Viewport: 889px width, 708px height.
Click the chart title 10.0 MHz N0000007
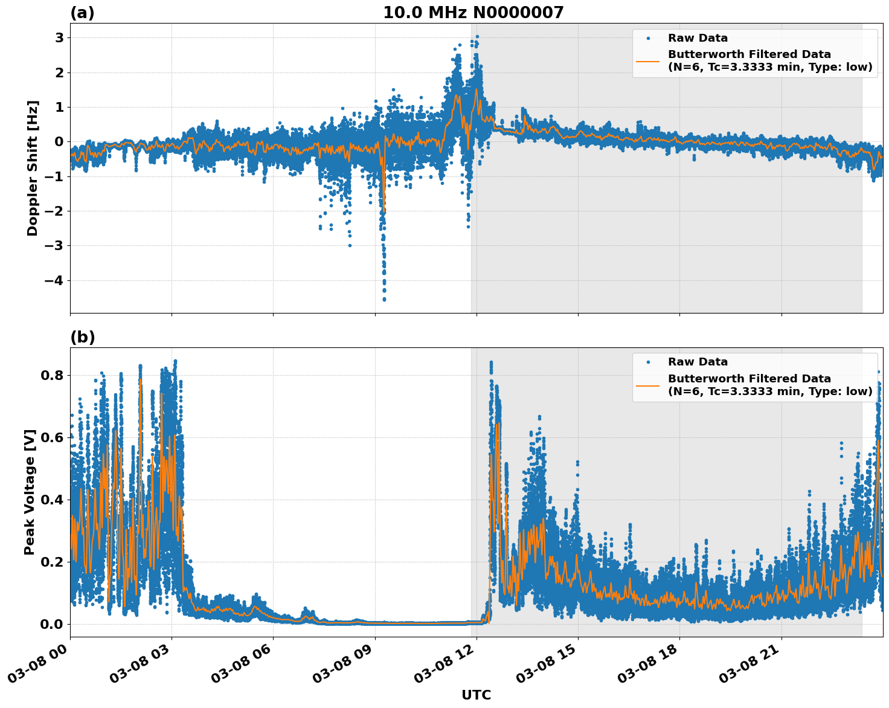[x=473, y=13]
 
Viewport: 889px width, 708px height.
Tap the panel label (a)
[x=82, y=13]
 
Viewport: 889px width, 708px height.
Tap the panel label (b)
[x=82, y=337]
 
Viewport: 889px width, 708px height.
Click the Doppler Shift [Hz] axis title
[x=33, y=168]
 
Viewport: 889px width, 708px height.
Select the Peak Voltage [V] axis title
[x=30, y=492]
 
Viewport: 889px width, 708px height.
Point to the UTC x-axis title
[x=476, y=695]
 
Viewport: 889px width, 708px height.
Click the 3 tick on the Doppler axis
[x=60, y=38]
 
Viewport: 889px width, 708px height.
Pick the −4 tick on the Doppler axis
[x=55, y=281]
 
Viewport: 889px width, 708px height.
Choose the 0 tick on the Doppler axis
[x=60, y=142]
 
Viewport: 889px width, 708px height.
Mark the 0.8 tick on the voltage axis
[x=51, y=375]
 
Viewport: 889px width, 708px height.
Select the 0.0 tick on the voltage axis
[x=51, y=624]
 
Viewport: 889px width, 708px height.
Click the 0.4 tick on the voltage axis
[x=51, y=500]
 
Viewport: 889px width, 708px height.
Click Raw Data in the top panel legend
[x=698, y=38]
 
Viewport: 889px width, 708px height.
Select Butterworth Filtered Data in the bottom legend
[x=749, y=379]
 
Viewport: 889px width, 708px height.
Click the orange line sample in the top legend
[x=648, y=60]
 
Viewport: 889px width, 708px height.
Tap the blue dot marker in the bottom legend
[x=648, y=362]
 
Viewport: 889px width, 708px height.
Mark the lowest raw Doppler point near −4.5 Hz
[x=384, y=299]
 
